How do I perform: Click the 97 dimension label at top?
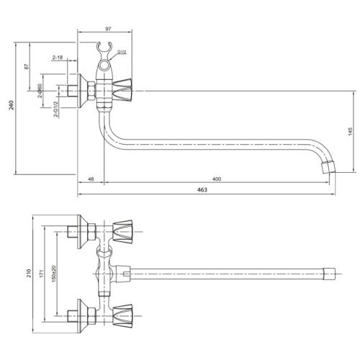coord(108,29)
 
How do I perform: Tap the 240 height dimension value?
coord(11,105)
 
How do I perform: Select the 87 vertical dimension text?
coord(27,66)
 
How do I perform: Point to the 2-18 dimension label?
coord(58,58)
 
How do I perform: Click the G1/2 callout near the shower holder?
coord(122,52)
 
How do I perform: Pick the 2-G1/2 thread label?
coord(55,109)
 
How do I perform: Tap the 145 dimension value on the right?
coord(350,131)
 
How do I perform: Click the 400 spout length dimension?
coord(217,179)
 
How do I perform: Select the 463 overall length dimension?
coord(202,189)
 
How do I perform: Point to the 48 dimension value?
coord(91,179)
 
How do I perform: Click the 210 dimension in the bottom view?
coord(29,273)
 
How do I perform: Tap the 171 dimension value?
coord(42,274)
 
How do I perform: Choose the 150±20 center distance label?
coord(54,274)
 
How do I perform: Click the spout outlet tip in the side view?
coord(329,168)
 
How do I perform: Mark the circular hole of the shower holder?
coord(104,66)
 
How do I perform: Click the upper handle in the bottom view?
coord(122,232)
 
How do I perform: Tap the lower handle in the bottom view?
coord(122,315)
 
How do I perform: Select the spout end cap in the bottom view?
coord(329,274)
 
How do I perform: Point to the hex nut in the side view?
coord(91,91)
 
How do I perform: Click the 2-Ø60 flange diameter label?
coord(40,91)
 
